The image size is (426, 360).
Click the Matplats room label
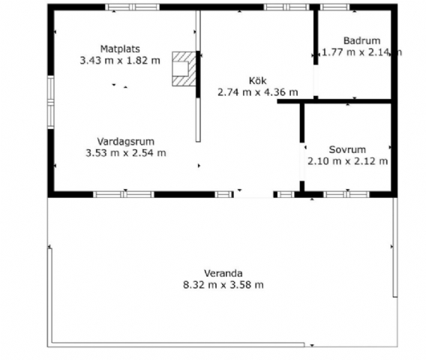[x=120, y=49]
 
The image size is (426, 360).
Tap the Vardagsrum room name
[x=126, y=142]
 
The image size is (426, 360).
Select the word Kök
[x=258, y=81]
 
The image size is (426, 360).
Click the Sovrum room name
[x=347, y=150]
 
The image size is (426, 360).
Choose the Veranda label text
[x=223, y=273]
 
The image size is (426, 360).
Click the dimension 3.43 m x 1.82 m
[x=120, y=60]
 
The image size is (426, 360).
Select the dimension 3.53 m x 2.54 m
[x=126, y=153]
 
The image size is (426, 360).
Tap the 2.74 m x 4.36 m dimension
[x=258, y=92]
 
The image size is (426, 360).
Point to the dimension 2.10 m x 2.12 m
[x=347, y=161]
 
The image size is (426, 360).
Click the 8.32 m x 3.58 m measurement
[x=223, y=285]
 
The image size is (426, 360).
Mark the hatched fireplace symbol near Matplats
[x=184, y=69]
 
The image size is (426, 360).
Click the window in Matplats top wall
[x=132, y=7]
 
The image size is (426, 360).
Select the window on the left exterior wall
[x=51, y=102]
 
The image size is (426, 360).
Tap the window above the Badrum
[x=334, y=7]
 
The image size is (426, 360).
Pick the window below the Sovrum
[x=346, y=194]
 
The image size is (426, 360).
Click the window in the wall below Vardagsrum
[x=124, y=194]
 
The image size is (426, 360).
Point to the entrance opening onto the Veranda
[x=253, y=194]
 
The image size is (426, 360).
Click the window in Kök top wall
[x=286, y=7]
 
